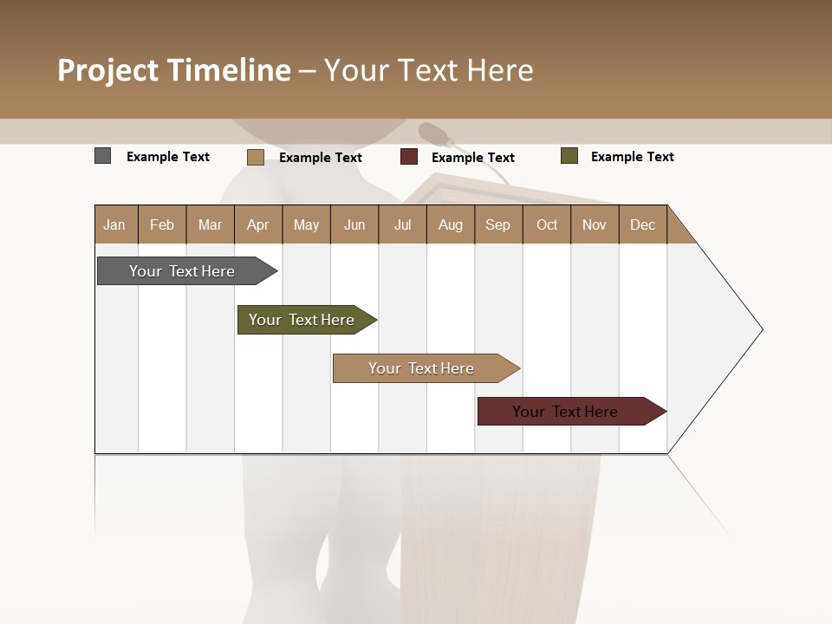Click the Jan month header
(114, 224)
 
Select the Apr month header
(257, 224)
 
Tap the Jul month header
(402, 224)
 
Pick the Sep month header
(497, 224)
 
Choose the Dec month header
(642, 224)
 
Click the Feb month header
(162, 224)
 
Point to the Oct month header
(547, 224)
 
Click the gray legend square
(102, 156)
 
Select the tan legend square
(255, 157)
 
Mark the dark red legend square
(409, 157)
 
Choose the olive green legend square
(569, 156)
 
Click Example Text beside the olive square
(632, 157)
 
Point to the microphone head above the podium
(433, 133)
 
